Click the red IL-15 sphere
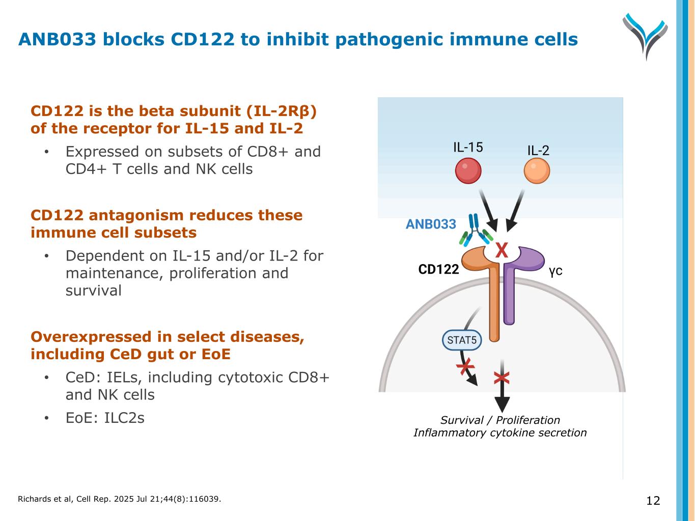468,171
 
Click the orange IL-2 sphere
537,171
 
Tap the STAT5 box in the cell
462,340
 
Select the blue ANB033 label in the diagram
431,224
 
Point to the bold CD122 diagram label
438,269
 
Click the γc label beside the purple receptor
555,271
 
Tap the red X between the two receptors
502,250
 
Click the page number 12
653,501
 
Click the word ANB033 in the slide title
57,39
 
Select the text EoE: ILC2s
105,418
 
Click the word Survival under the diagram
462,420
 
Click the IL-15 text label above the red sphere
468,148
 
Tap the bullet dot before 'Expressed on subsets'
46,152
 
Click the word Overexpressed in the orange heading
91,337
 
